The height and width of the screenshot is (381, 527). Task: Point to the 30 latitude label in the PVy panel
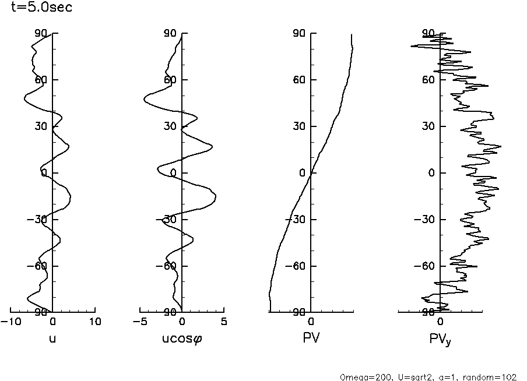click(430, 126)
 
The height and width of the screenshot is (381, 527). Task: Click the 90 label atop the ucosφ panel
click(170, 33)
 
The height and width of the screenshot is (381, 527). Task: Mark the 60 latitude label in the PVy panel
click(430, 80)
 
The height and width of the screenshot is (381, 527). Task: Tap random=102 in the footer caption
click(494, 377)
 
